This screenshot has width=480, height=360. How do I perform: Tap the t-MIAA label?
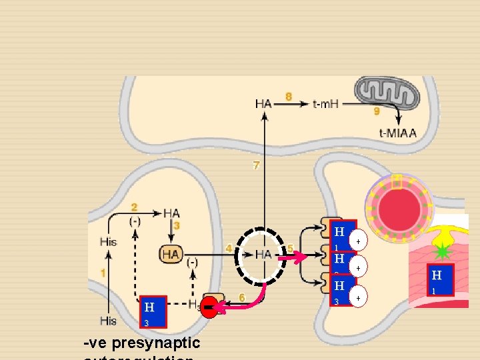coord(397,133)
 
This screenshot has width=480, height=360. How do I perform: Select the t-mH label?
coord(327,103)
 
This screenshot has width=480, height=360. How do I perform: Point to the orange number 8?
coord(288,97)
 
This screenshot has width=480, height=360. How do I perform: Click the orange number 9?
coord(377,111)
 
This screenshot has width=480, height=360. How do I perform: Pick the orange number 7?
coord(256,165)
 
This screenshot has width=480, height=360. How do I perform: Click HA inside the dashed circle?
coord(263,254)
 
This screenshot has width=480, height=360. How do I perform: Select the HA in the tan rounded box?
coord(171,253)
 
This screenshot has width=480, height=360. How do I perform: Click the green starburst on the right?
coord(441,251)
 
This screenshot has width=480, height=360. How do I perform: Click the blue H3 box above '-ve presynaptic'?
coord(152,312)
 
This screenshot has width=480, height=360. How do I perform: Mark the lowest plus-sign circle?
coord(359,295)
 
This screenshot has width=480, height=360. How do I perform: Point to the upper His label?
coord(108,241)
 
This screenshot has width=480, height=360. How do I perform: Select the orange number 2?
coord(135,207)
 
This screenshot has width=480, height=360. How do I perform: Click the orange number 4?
coord(229,248)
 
